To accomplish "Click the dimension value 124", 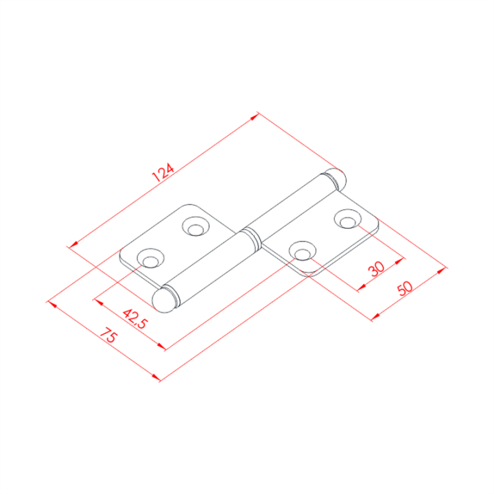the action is click(163, 172).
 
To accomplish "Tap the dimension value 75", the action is click(108, 335).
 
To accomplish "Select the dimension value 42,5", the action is click(135, 318).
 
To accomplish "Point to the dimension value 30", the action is click(377, 269).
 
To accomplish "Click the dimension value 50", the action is click(405, 288).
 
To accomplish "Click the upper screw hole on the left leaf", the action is click(196, 226).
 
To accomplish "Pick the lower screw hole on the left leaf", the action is click(150, 258).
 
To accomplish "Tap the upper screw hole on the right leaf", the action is click(348, 219).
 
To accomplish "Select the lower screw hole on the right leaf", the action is click(303, 251).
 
